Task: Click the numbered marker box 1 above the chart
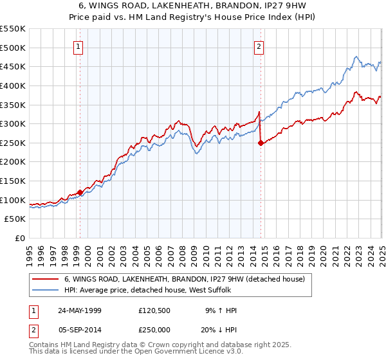[x=78, y=46]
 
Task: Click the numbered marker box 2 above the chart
[x=259, y=46]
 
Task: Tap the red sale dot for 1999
[x=80, y=192]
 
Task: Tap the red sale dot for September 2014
[x=261, y=143]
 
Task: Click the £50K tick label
[x=15, y=219]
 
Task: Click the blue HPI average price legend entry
[x=174, y=290]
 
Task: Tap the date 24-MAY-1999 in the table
[x=80, y=310]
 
